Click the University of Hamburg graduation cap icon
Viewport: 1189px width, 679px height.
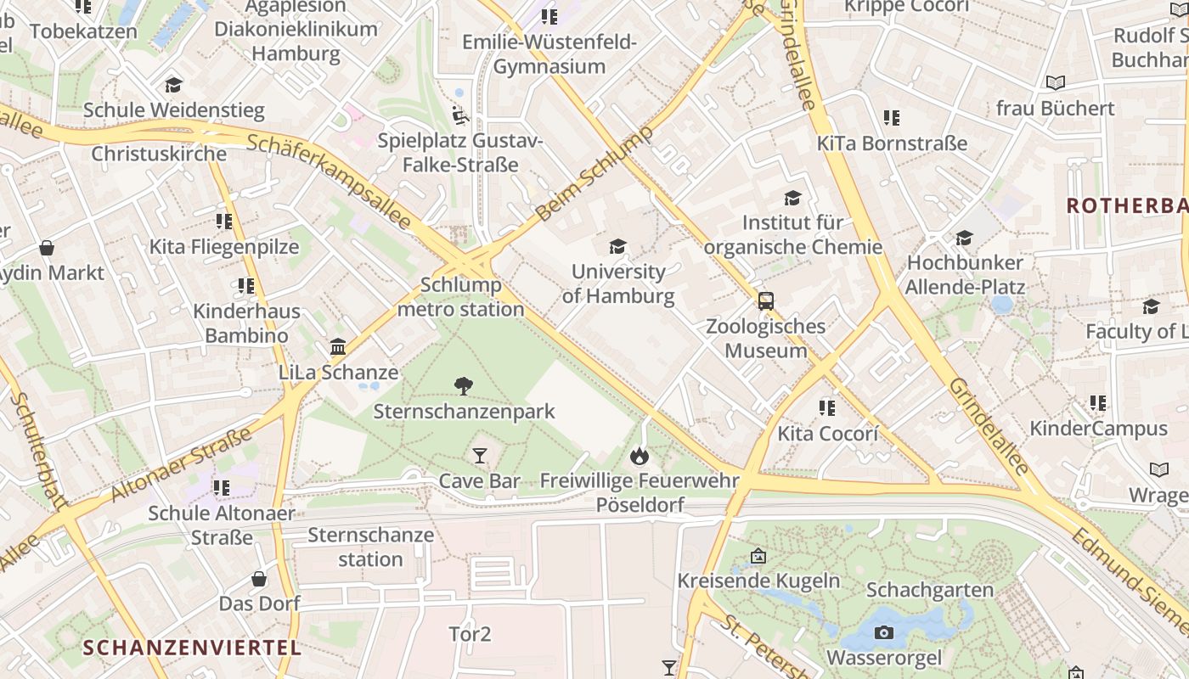pos(617,247)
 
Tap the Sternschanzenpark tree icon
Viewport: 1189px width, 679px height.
pos(464,386)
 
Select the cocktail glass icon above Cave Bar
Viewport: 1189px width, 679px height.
pos(480,456)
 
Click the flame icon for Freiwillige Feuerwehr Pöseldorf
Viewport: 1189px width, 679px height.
pos(640,457)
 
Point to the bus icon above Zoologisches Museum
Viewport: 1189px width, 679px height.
pos(765,300)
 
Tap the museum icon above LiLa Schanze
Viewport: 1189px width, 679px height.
pos(338,347)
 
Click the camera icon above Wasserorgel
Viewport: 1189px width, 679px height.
pos(884,632)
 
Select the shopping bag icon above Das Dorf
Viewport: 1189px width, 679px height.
pos(259,579)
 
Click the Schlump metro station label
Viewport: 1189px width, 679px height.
pos(461,297)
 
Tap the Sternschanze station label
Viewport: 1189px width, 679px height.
pos(370,547)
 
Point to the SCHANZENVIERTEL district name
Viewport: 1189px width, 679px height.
pos(192,648)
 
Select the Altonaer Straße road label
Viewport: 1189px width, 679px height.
pos(182,464)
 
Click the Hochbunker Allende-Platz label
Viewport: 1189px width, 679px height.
pos(965,274)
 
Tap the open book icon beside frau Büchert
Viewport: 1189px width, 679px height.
pos(1055,82)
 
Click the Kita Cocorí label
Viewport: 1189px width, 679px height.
pos(826,433)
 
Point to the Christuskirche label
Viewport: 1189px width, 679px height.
pos(159,154)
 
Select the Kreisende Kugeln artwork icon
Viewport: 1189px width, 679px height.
pos(758,557)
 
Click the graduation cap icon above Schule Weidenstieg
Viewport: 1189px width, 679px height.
pos(173,85)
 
